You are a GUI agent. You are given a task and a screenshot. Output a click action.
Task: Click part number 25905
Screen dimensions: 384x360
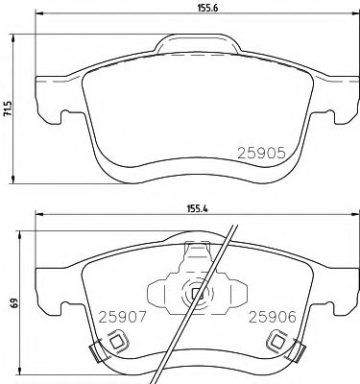click(260, 152)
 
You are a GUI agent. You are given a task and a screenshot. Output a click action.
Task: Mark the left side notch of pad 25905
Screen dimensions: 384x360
click(64, 121)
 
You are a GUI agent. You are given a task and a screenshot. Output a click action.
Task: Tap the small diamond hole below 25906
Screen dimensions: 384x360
click(278, 339)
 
